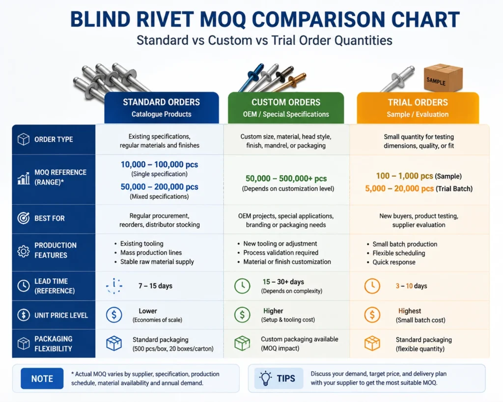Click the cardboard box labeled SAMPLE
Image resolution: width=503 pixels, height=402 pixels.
[x=443, y=78]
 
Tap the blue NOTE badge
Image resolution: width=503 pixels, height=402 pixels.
[x=42, y=378]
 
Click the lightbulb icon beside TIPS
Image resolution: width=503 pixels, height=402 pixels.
[x=266, y=378]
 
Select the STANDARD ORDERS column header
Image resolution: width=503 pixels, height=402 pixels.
[x=161, y=107]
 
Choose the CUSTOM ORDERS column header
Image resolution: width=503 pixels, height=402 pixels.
[x=286, y=107]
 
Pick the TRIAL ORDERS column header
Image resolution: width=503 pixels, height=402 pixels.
[x=418, y=107]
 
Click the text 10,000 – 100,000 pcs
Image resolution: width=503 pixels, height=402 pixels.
[x=160, y=164]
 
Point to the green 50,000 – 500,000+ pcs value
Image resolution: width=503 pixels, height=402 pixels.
[x=286, y=179]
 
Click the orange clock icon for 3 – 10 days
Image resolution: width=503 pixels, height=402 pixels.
[x=372, y=286]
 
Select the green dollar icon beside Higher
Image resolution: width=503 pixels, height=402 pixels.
[x=242, y=315]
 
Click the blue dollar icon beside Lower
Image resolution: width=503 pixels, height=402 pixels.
[x=114, y=315]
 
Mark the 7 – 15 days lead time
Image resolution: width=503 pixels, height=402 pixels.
[x=155, y=286]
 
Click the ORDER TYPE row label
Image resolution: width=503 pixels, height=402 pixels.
[x=54, y=139]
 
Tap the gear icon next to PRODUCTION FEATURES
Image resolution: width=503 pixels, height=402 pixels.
[x=24, y=251]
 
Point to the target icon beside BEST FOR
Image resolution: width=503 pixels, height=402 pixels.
[x=24, y=218]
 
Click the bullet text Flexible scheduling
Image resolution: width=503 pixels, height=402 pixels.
[x=399, y=253]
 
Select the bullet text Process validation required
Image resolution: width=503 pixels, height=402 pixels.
[x=280, y=253]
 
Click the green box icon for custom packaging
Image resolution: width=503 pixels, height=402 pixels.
[x=242, y=343]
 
